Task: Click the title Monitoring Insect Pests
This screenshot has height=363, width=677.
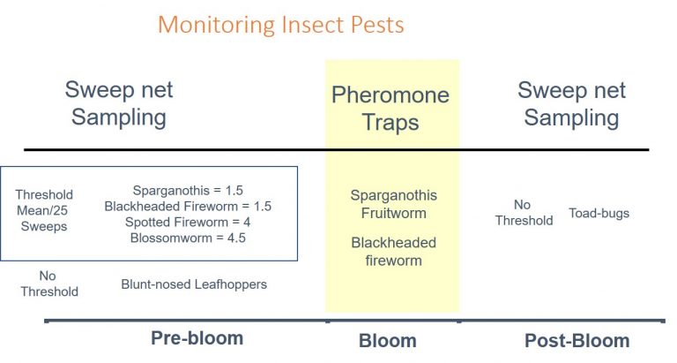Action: click(280, 24)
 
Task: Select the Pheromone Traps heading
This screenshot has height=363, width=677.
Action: click(390, 108)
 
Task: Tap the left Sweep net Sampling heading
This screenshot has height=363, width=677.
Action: click(119, 103)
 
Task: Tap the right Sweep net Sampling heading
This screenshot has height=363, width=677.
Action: click(570, 103)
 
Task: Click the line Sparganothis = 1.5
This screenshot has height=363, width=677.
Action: click(188, 191)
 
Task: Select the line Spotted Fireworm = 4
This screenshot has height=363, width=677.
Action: click(188, 222)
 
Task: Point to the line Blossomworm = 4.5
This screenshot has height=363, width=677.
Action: click(188, 237)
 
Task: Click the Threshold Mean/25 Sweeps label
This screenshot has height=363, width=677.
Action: click(44, 210)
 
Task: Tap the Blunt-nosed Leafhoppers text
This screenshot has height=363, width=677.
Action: click(194, 284)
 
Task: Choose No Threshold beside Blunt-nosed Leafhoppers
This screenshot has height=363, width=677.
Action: click(48, 284)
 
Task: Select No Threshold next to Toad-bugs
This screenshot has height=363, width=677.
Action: click(524, 213)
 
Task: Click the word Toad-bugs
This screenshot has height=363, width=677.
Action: click(599, 213)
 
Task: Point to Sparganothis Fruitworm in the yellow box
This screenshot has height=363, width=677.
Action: click(393, 204)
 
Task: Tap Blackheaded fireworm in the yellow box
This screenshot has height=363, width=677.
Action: click(393, 251)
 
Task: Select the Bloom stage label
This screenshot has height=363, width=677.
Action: click(387, 341)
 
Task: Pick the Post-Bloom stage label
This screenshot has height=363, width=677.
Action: click(577, 341)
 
